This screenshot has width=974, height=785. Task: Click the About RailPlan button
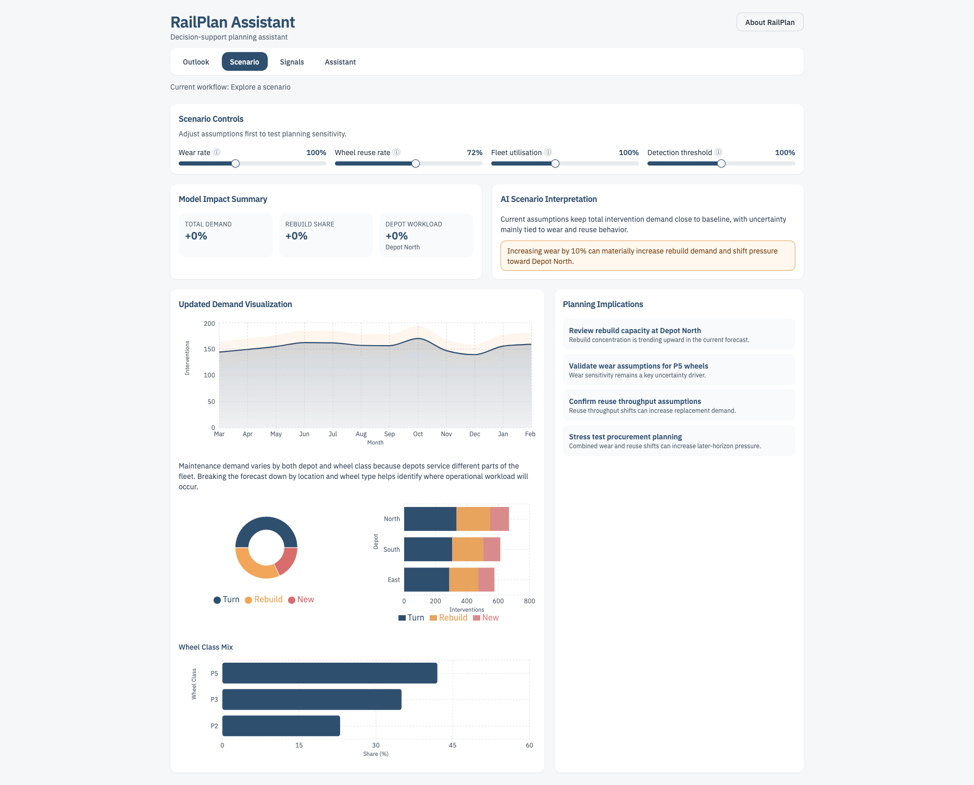[x=769, y=22]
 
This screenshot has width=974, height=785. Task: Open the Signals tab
[x=292, y=62]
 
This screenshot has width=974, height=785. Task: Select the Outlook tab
[x=196, y=62]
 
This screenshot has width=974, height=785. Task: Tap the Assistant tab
[x=340, y=62]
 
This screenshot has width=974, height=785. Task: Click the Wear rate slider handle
[x=235, y=163]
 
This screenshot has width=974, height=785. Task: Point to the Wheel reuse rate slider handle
[x=416, y=163]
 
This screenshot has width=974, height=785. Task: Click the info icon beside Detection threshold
[x=718, y=153]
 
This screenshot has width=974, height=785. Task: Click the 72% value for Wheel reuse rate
[x=474, y=153]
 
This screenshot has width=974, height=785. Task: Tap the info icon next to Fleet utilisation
[x=548, y=153]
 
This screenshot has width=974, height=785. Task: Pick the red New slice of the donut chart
[x=287, y=561]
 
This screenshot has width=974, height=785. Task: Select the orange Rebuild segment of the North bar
[x=473, y=519]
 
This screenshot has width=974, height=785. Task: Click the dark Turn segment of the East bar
[x=426, y=580]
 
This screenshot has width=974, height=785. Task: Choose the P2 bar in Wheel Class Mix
[x=281, y=726]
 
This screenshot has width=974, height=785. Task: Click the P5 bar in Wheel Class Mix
[x=329, y=673]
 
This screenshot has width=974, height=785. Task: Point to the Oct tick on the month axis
[x=418, y=434]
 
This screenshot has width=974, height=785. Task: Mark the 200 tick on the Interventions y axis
[x=209, y=324]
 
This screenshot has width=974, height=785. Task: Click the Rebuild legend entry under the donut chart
[x=264, y=600]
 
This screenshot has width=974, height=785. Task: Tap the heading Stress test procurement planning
[x=625, y=437]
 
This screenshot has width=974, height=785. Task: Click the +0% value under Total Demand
[x=196, y=236]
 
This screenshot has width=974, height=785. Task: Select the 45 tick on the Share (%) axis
[x=453, y=745]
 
